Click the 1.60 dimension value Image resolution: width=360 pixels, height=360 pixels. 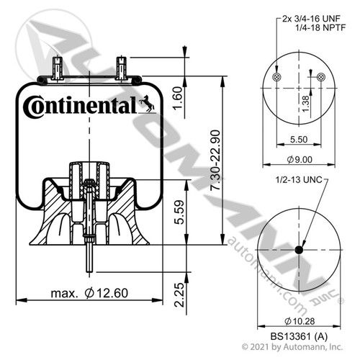coord(178,98)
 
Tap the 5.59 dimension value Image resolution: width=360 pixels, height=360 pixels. coord(179,212)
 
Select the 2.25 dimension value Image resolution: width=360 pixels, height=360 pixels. coord(179,295)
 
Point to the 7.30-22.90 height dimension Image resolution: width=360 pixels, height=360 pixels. coord(215,160)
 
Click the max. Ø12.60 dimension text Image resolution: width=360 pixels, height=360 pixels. coord(89,293)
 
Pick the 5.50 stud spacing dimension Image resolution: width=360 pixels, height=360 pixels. coord(299,139)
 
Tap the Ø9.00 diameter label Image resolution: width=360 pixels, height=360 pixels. coord(300,159)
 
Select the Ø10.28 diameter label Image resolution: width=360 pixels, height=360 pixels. coord(300,321)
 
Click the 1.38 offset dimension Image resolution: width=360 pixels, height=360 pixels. coord(305,104)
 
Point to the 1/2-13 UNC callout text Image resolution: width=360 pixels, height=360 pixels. coord(299,180)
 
